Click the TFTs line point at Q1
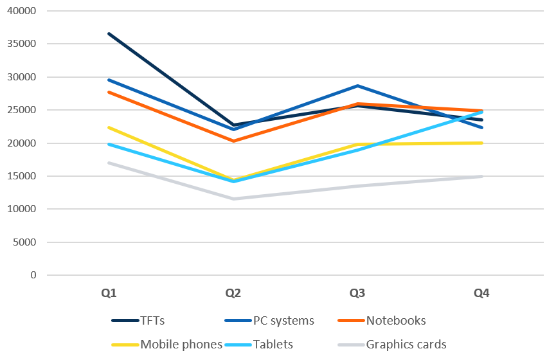[109, 33]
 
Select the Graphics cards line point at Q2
[233, 199]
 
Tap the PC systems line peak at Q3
[357, 85]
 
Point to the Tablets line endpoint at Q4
[481, 112]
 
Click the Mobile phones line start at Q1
[109, 127]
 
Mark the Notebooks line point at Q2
[233, 141]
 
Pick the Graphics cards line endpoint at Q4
[481, 176]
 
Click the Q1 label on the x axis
[109, 293]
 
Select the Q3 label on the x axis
[357, 293]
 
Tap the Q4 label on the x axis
[481, 293]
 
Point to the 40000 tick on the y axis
[24, 12]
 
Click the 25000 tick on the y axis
[24, 110]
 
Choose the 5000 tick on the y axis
[26, 242]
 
